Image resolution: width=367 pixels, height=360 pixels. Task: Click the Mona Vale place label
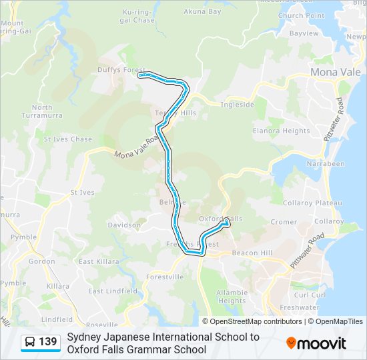(334, 72)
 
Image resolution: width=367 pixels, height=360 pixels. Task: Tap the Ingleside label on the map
(237, 105)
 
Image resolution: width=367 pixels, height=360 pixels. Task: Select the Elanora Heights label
(280, 131)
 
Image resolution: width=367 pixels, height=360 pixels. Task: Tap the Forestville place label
(165, 277)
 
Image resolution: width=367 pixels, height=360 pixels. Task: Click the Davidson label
(124, 225)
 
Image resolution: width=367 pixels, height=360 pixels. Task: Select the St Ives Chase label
(68, 139)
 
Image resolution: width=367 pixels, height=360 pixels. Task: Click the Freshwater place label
(300, 307)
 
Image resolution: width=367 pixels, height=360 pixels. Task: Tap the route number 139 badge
(48, 342)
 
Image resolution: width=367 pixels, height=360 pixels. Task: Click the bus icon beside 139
(31, 343)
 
